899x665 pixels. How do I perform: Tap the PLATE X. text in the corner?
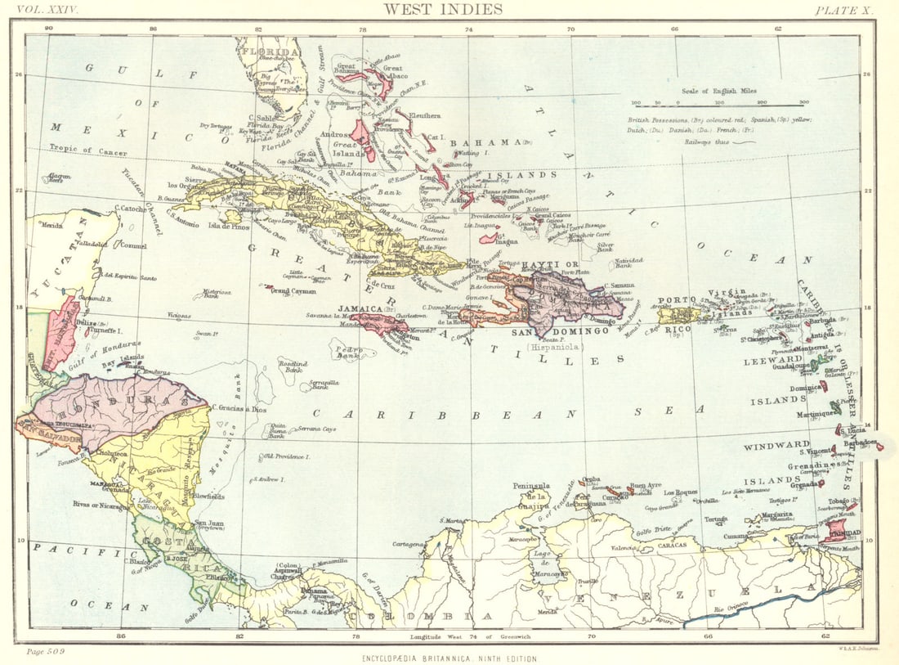(x=843, y=10)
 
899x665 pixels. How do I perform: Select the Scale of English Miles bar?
(x=720, y=103)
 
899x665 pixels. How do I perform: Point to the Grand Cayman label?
(x=293, y=290)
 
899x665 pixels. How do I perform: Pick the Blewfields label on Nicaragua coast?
(x=209, y=496)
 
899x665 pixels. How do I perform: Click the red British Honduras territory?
(x=60, y=334)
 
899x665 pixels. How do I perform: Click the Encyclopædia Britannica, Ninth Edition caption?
(x=450, y=658)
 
